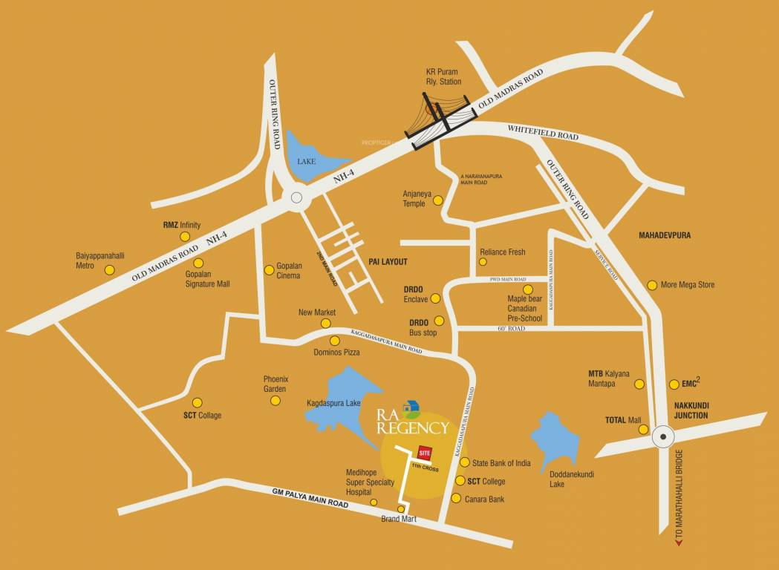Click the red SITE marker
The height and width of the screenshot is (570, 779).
click(424, 452)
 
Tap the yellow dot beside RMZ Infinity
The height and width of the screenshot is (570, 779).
click(185, 237)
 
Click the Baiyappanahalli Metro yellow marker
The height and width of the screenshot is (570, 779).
click(109, 270)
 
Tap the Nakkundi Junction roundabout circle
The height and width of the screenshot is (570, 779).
click(661, 439)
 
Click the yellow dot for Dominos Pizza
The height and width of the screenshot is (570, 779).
click(335, 341)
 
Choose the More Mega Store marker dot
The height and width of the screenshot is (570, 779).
click(652, 285)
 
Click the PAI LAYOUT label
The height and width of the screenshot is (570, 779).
click(388, 262)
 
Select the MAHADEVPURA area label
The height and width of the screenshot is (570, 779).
click(665, 235)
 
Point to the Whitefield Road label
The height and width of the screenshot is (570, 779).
click(543, 133)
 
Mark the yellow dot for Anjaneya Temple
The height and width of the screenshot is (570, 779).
click(438, 200)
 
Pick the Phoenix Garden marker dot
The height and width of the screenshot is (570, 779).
click(276, 401)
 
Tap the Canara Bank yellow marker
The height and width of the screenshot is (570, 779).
click(457, 499)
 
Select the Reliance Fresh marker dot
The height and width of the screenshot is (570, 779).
click(483, 262)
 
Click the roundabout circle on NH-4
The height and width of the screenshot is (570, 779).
click(297, 198)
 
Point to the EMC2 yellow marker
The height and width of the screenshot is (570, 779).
click(674, 384)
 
